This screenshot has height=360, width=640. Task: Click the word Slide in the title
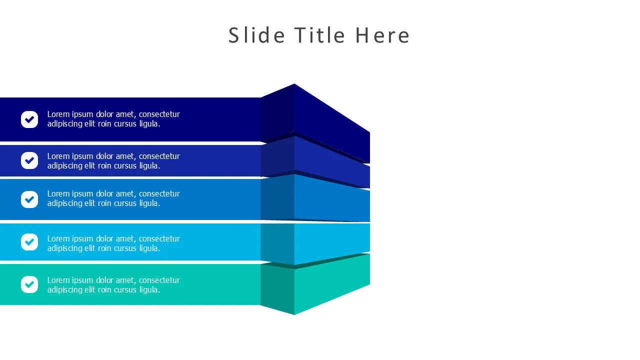[x=256, y=35]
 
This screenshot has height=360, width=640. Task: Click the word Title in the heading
[x=319, y=35]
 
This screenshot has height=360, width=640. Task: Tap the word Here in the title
[x=382, y=35]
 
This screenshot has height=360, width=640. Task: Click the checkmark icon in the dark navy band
[x=29, y=119]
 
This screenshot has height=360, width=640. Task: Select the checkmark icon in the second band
[x=29, y=160]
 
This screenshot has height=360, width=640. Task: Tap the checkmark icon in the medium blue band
[x=29, y=199]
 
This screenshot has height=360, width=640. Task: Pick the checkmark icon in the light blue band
[x=29, y=242]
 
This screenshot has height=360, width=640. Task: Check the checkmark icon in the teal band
[x=29, y=284]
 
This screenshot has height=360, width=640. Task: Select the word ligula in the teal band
[x=149, y=290]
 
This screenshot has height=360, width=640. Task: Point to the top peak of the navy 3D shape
[x=294, y=83]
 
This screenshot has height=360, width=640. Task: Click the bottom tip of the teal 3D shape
[x=294, y=314]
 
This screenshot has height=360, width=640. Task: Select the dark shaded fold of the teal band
[x=277, y=287]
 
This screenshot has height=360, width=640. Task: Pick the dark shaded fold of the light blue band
[x=277, y=243]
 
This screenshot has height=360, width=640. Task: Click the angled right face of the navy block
[x=332, y=123]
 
